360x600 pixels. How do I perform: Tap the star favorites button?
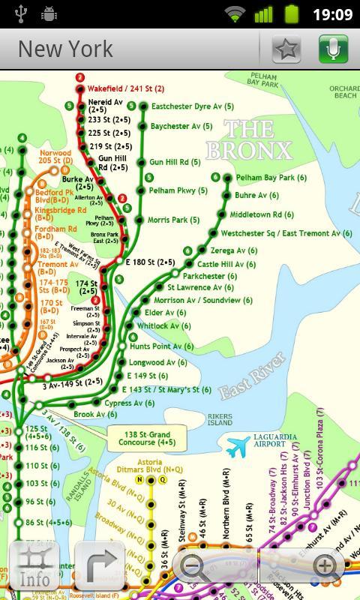click(x=286, y=49)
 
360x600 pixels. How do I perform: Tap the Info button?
click(x=34, y=566)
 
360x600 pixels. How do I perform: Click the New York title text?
click(x=65, y=49)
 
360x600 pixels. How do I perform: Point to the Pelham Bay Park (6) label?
click(x=271, y=178)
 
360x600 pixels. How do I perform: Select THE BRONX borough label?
click(x=248, y=140)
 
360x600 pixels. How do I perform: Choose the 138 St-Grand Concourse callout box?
click(x=147, y=439)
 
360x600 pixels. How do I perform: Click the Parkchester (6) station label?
click(x=211, y=276)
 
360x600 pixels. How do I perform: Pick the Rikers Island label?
click(x=220, y=418)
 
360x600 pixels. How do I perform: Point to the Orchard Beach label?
click(x=343, y=92)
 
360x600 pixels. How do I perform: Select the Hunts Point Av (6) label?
click(x=161, y=346)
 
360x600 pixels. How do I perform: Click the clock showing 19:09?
click(x=332, y=14)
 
